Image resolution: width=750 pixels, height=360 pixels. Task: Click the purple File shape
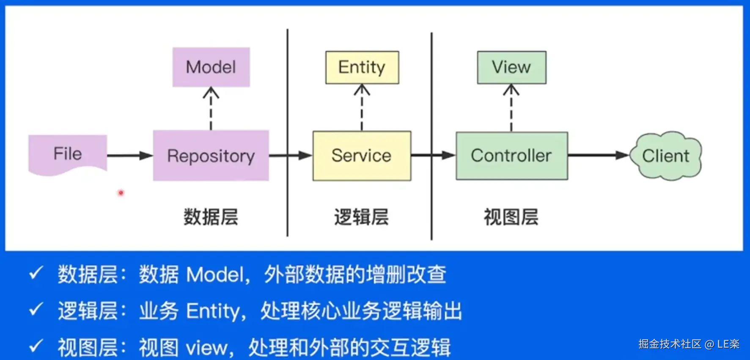pos(68,154)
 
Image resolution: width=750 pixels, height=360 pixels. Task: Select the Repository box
pos(211,156)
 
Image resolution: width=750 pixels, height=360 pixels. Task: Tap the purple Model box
pos(211,67)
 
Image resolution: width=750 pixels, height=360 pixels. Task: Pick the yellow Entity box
pos(362,67)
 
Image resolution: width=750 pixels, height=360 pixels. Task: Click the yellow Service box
pos(362,156)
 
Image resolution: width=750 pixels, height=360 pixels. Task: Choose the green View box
pos(511,67)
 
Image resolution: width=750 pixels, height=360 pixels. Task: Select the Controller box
pos(511,156)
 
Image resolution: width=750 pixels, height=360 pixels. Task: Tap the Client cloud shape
pos(665,156)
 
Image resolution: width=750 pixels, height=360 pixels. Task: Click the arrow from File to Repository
pos(129,156)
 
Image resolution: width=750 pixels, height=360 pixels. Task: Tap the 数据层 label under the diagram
pos(211,217)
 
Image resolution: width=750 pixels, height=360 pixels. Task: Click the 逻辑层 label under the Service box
pos(361,217)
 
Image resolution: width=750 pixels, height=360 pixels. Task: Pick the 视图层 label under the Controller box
pos(511,217)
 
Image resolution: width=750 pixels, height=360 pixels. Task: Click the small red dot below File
pos(121,193)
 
